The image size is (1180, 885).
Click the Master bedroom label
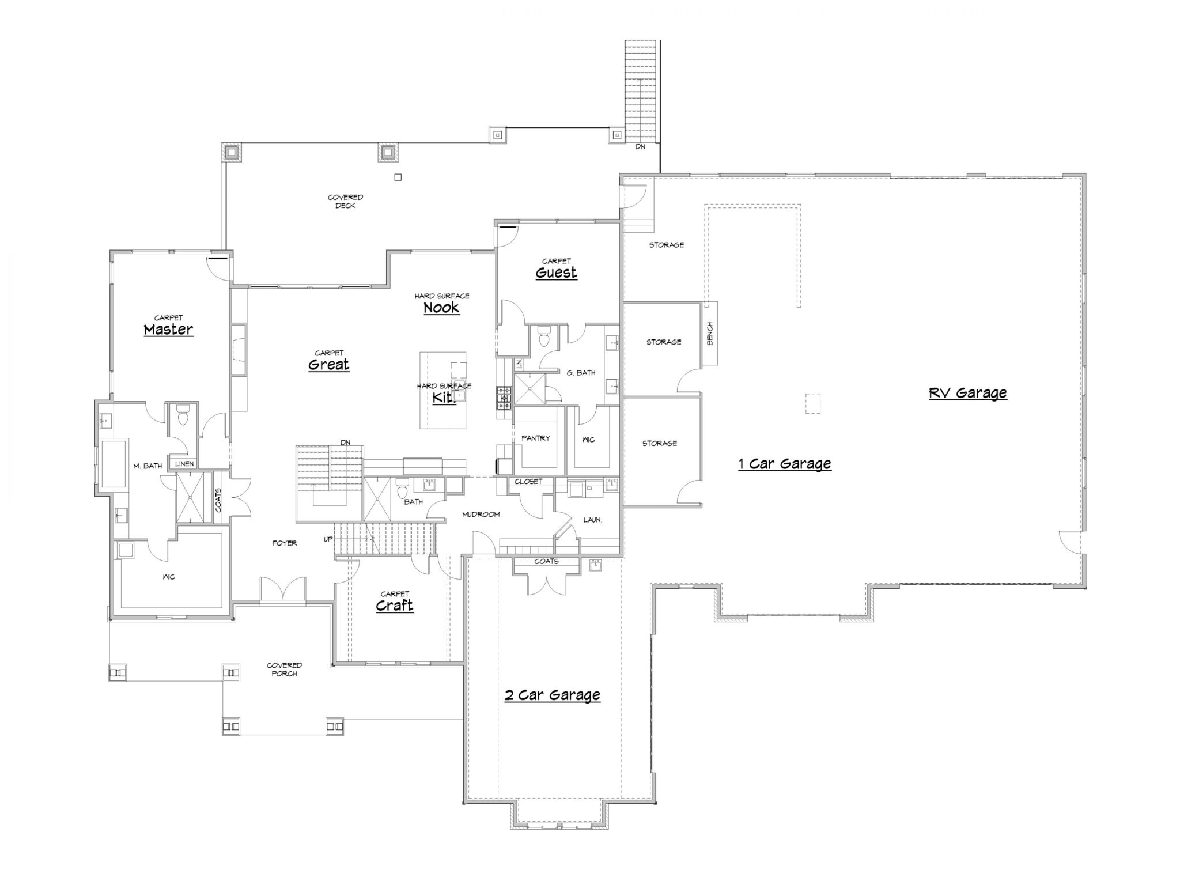click(168, 330)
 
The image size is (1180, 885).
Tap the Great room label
click(328, 364)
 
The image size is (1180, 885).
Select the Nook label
click(441, 308)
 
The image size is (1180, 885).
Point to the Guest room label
click(556, 273)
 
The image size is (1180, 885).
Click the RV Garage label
click(968, 393)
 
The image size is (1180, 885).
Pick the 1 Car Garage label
click(785, 464)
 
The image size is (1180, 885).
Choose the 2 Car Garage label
click(552, 695)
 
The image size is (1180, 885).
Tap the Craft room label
click(395, 606)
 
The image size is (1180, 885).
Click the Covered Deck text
click(345, 202)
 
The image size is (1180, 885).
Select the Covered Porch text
click(285, 670)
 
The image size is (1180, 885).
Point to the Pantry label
click(536, 438)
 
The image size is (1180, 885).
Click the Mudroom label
click(481, 514)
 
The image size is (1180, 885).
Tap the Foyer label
click(285, 543)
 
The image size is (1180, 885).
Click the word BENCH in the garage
click(710, 334)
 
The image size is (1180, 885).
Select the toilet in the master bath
click(183, 414)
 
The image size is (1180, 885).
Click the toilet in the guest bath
click(543, 336)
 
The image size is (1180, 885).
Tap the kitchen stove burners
click(504, 398)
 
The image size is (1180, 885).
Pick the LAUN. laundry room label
click(592, 520)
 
